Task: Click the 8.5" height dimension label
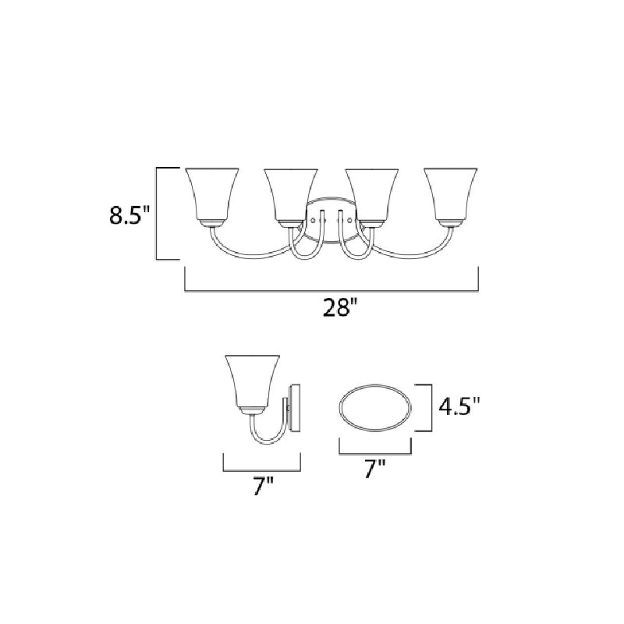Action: pos(129,215)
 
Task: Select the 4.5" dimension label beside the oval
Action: pos(459,406)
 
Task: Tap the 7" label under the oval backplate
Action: pos(375,469)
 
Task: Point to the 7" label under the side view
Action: pos(264,486)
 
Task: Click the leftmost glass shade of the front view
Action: pos(212,197)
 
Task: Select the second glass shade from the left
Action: pos(291,197)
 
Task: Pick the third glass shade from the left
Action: pos(372,197)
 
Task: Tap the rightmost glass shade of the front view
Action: pos(451,197)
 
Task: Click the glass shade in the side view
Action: pos(252,383)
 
